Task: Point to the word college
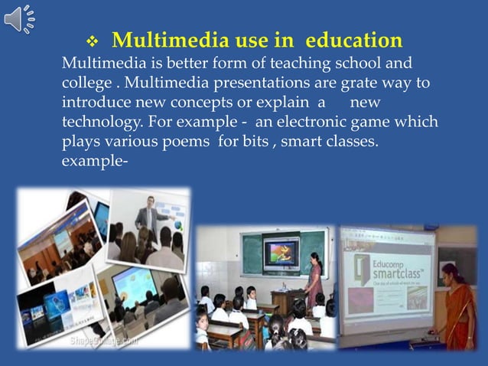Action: (86, 82)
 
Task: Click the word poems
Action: (186, 142)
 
